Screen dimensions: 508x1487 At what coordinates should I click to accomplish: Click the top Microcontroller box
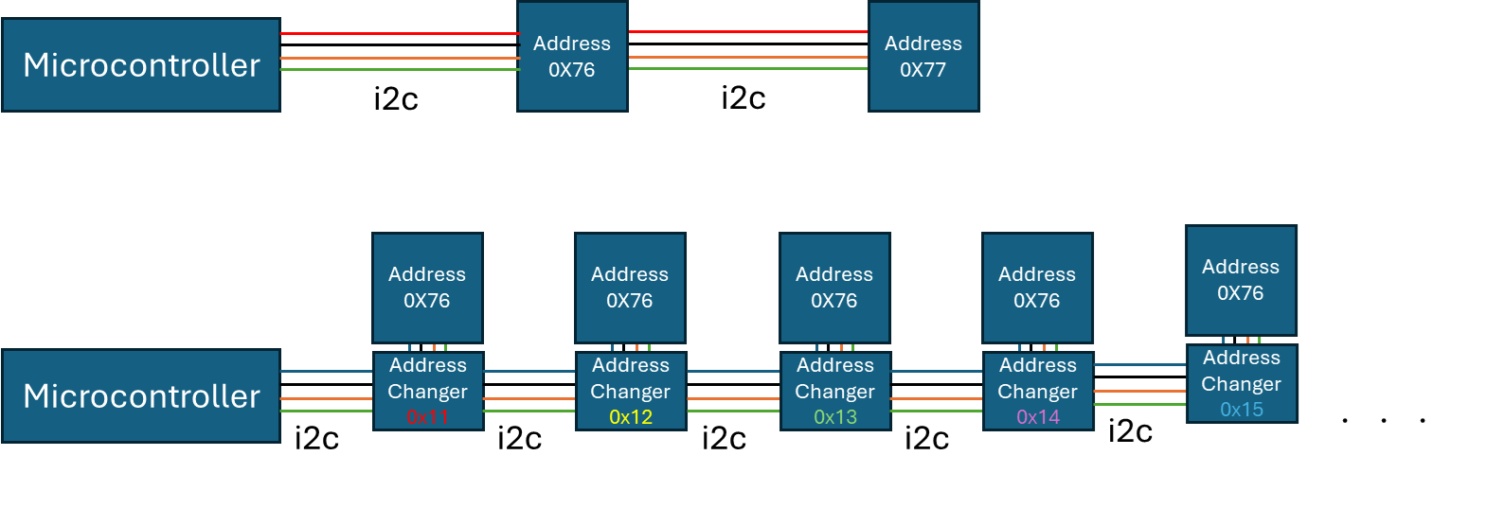(x=141, y=65)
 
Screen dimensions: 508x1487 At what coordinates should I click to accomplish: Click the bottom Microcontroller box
(x=141, y=395)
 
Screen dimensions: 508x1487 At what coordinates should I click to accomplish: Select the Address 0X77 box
(x=923, y=57)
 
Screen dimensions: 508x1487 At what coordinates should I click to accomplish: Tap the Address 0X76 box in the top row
(x=571, y=57)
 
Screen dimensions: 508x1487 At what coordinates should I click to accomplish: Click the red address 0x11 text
(x=427, y=417)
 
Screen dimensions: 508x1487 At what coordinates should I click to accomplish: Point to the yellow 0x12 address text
(x=631, y=417)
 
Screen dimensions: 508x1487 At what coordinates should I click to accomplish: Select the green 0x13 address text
(x=834, y=417)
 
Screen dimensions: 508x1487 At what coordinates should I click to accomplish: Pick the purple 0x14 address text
(x=1038, y=417)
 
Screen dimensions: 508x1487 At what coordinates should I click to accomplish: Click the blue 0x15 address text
(x=1241, y=410)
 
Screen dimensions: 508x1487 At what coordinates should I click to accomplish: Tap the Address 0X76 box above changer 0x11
(x=427, y=288)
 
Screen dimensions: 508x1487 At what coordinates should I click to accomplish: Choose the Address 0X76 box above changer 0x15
(x=1241, y=280)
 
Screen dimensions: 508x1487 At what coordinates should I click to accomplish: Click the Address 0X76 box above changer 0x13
(x=834, y=288)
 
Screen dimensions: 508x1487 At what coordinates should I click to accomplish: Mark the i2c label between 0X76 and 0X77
(x=743, y=98)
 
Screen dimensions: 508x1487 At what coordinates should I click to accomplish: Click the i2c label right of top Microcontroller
(x=396, y=99)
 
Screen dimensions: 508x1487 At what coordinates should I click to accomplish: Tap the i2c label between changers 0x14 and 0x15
(x=1130, y=431)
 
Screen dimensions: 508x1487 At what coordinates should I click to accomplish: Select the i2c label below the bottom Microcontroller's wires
(x=316, y=439)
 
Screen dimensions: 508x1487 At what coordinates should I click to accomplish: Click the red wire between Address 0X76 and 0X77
(x=748, y=32)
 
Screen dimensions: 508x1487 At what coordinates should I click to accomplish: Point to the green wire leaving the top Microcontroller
(x=398, y=69)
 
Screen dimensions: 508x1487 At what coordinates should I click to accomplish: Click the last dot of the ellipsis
(x=1423, y=420)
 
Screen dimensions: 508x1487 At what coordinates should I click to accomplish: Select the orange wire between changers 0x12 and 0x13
(x=733, y=399)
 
